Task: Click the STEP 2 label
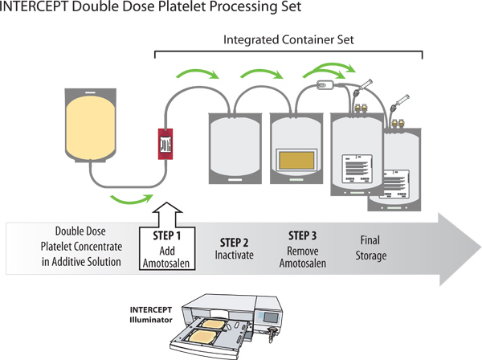coord(235,242)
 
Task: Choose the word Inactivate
coord(235,256)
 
